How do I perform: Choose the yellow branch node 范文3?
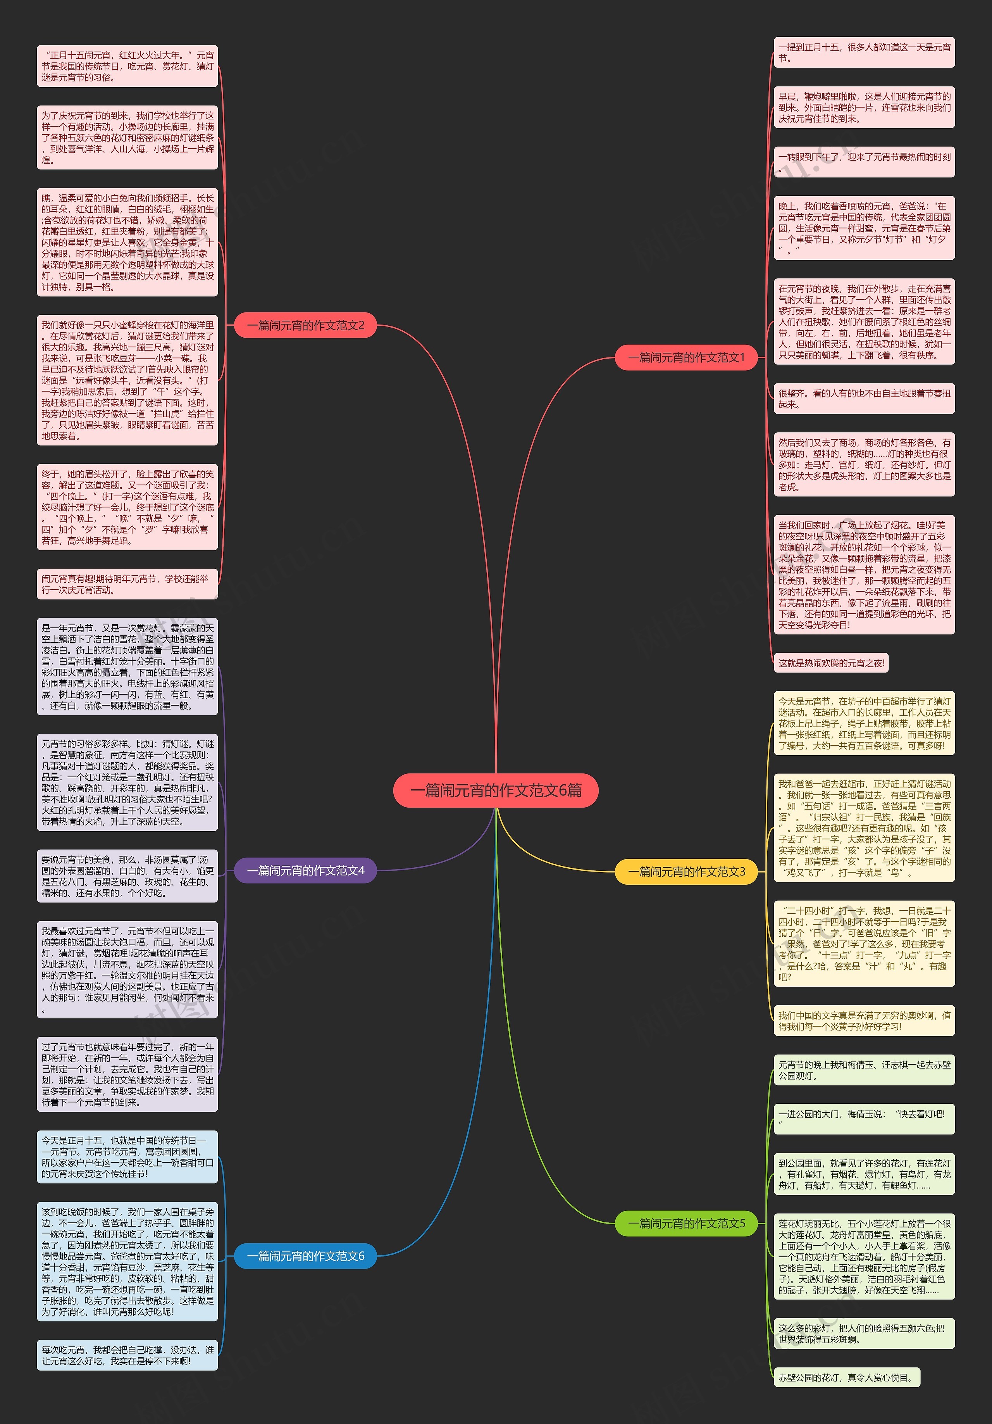coord(686,872)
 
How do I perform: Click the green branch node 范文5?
coord(686,1223)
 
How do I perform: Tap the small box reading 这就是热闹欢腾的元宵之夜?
coord(831,663)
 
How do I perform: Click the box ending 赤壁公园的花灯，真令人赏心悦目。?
coord(846,1377)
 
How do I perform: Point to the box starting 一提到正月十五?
coord(864,53)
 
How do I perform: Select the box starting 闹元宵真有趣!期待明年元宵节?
coord(127,584)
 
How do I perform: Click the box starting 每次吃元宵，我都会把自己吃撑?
coord(127,1355)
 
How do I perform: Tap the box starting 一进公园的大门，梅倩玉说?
coord(864,1119)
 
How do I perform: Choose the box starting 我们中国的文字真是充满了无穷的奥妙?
coord(864,1021)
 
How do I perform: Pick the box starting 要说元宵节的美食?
coord(127,876)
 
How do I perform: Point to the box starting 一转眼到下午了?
coord(864,162)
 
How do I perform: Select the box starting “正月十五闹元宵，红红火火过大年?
coord(127,66)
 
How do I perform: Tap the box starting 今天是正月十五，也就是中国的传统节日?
coord(127,1157)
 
